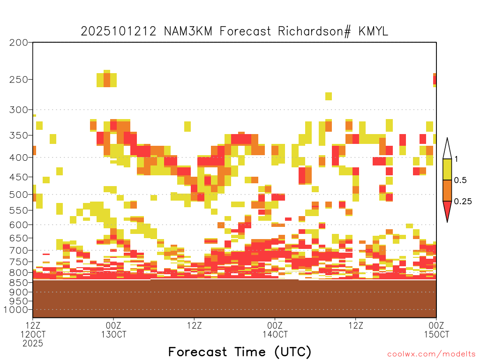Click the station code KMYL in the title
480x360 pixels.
coord(373,31)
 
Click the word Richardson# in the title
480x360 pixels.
coord(315,31)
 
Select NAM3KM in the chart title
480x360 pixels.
coord(188,31)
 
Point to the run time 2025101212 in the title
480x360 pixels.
coord(119,31)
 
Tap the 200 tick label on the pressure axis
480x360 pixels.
coord(19,43)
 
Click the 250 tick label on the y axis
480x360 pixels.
coord(19,80)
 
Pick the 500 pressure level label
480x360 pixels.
coord(19,195)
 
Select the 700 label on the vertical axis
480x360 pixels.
coord(19,250)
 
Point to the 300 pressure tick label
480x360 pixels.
coord(19,110)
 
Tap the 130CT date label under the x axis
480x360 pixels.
coord(113,334)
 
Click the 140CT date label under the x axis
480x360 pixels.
coord(275,334)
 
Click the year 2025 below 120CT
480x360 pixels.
coord(33,344)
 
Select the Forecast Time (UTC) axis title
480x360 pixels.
coord(240,352)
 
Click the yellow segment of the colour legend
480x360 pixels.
coord(447,169)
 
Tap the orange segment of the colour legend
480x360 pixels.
coord(447,190)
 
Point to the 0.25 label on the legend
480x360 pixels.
coord(463,202)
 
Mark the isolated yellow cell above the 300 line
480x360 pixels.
coord(329,96)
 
